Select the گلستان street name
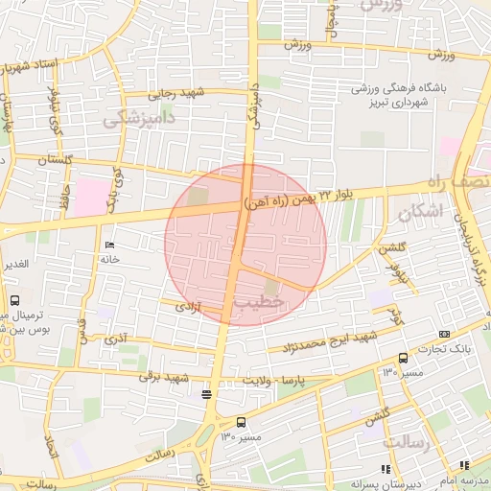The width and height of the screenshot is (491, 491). tap(55, 160)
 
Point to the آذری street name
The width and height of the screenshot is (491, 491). tap(115, 339)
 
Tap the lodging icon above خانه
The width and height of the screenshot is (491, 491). tap(108, 244)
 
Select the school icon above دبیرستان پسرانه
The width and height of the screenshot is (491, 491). tap(385, 468)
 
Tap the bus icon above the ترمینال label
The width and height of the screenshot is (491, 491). tap(12, 299)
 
